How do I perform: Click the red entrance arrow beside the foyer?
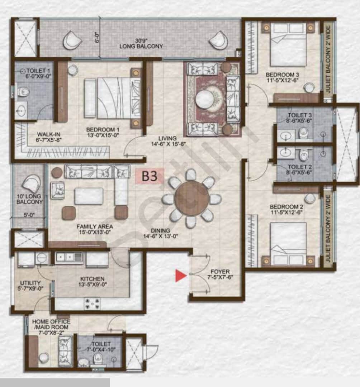181,276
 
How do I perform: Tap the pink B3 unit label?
150,177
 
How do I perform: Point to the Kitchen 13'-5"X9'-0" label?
92,282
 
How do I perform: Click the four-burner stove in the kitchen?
92,304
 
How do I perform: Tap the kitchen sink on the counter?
69,257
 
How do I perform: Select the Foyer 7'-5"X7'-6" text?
220,274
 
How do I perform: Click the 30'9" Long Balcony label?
141,44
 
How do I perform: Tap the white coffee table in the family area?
89,196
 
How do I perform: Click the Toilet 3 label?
300,119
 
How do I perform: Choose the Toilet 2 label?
300,170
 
